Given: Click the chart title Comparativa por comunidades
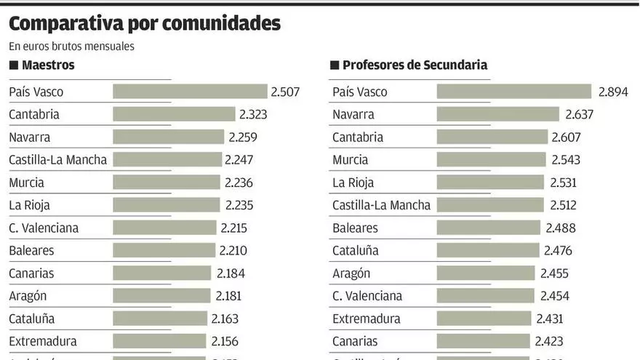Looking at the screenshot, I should point(144,23).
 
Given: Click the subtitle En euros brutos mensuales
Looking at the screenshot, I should point(71,46).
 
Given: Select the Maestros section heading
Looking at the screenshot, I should point(48,65).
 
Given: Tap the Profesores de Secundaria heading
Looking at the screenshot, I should point(415,65).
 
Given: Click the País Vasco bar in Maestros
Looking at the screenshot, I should point(190,92).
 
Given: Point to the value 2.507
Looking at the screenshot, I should point(285,92).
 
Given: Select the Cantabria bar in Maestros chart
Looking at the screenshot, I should point(174,114).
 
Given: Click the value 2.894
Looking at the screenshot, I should point(613,92).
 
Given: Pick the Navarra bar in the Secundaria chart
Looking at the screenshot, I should point(498,114).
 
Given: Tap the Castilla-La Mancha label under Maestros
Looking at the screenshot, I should point(58,160).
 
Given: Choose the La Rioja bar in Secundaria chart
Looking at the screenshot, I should point(490,183).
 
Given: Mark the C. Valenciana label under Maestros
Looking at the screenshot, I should point(44,228).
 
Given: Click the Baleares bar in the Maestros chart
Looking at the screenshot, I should point(164,251).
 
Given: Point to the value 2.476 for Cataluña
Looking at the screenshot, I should point(558,251).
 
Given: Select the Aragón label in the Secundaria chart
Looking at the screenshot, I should point(351,273).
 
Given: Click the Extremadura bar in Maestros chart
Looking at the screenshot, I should point(159,341).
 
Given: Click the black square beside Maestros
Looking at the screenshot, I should point(13,65).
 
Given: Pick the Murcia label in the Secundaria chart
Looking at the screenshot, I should point(351,160).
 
